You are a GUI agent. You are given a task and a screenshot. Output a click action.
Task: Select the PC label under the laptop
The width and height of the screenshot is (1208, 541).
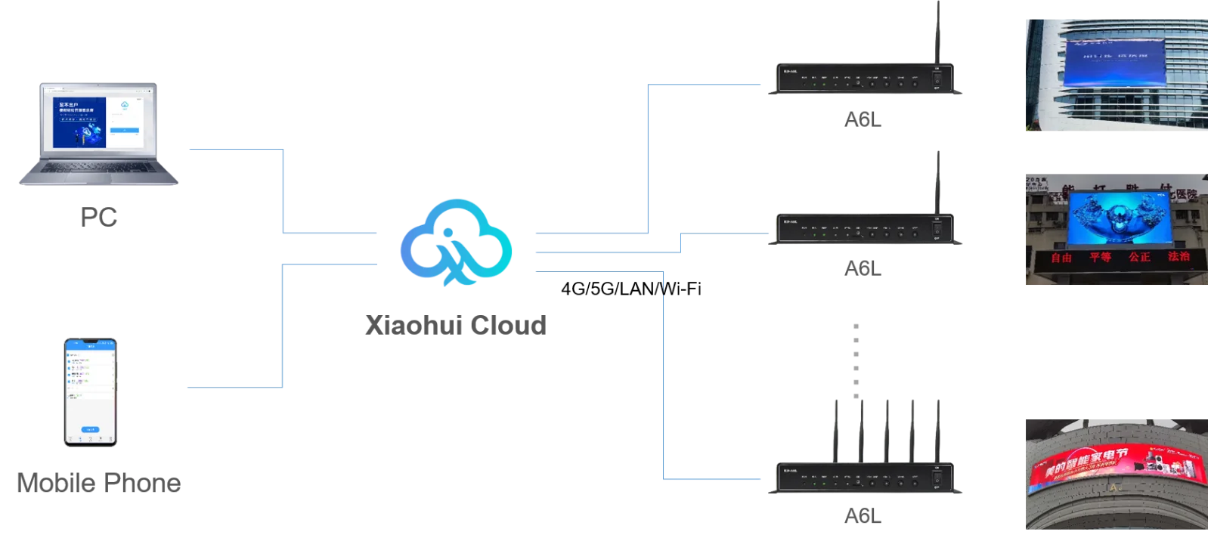[99, 218]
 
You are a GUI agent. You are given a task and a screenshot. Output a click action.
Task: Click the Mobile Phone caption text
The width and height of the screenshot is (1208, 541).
[97, 484]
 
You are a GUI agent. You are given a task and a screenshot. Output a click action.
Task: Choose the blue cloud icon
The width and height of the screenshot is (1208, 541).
[457, 242]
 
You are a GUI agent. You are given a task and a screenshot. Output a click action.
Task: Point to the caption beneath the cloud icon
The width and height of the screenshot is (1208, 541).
[457, 326]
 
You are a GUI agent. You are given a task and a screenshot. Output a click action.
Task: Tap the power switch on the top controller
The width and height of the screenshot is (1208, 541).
[937, 78]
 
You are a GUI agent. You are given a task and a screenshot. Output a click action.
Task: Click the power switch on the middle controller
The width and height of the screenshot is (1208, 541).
[937, 227]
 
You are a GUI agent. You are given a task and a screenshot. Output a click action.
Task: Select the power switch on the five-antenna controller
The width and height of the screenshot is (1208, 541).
[937, 476]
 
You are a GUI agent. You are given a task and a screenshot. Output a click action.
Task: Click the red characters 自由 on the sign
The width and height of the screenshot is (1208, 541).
[1061, 258]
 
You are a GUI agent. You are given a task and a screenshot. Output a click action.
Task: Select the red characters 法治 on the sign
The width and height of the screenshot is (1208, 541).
[1179, 256]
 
